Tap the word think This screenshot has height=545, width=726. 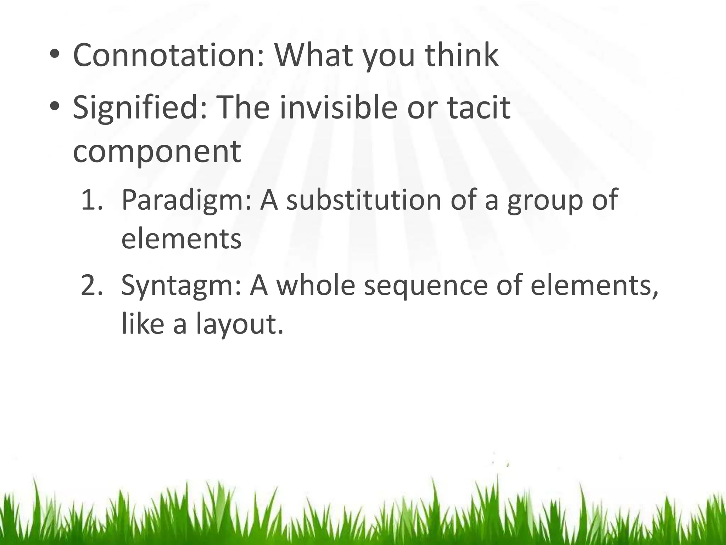tap(462, 55)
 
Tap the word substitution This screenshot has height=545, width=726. tap(364, 200)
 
